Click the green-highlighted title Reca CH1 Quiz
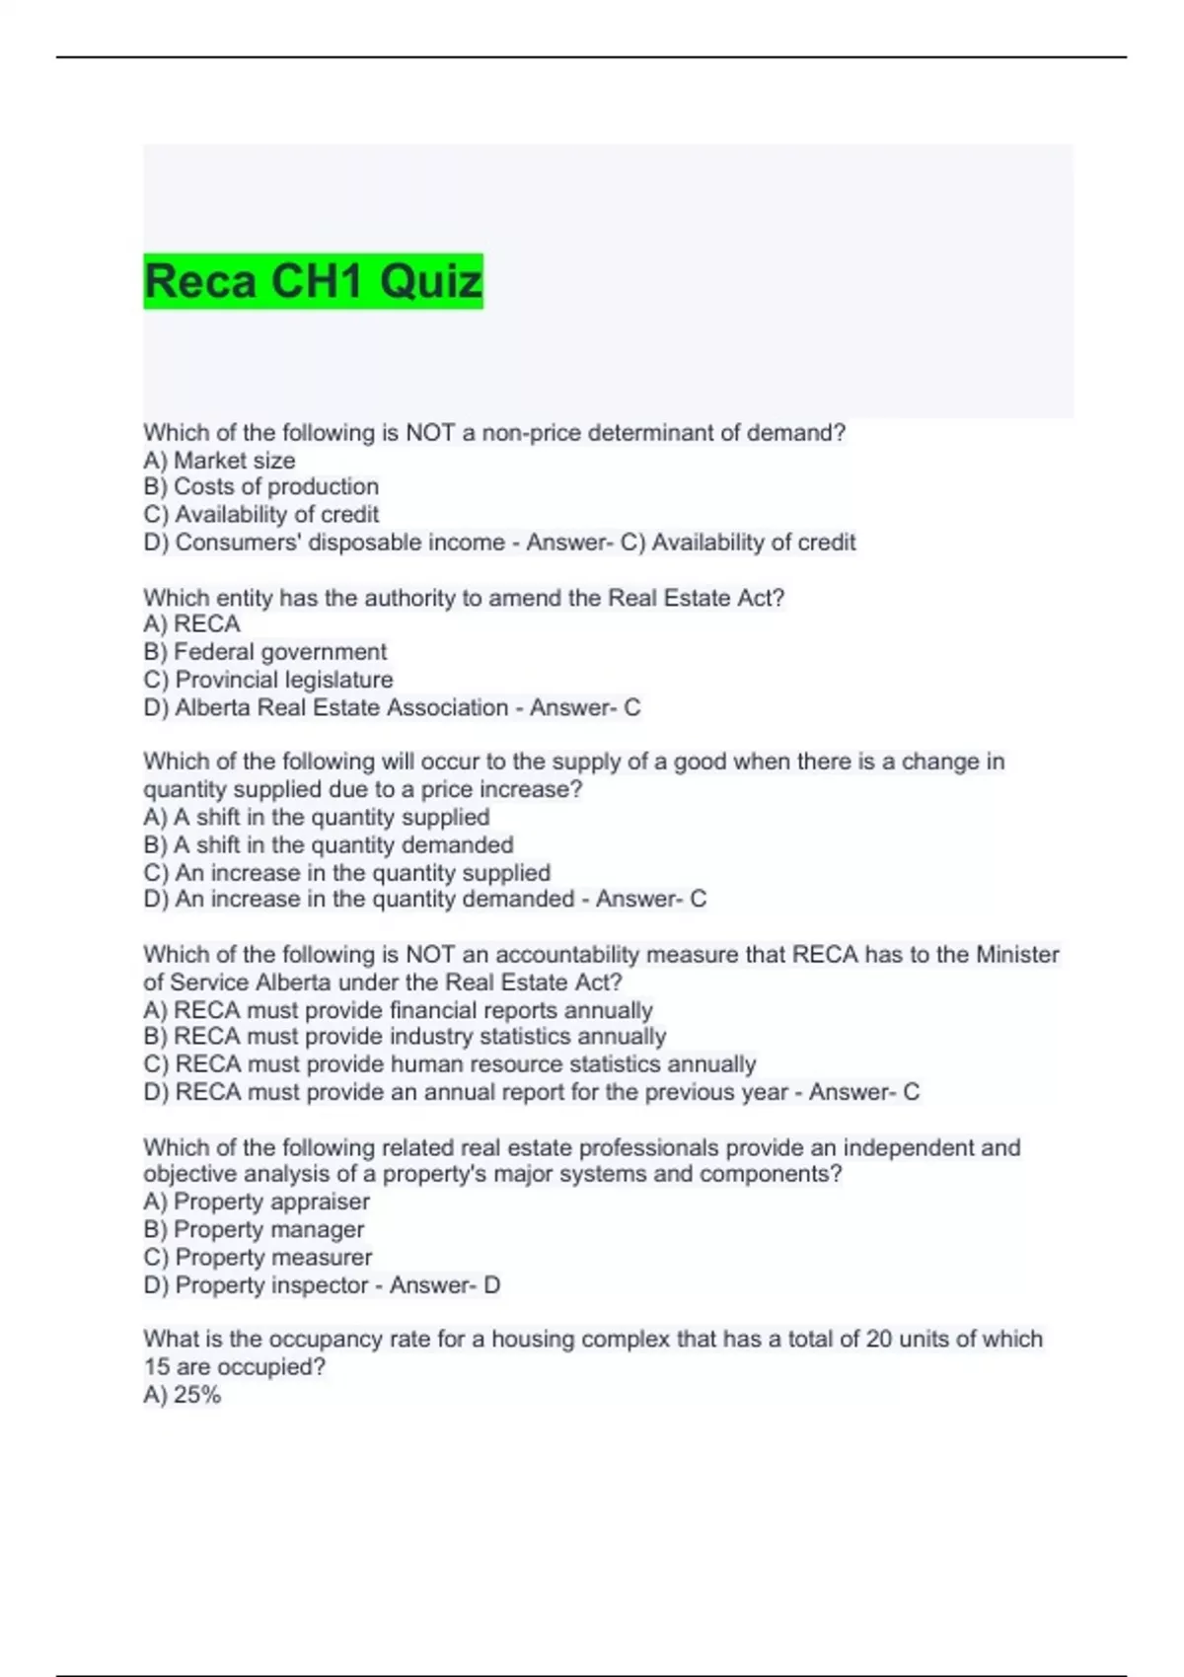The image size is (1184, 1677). tap(313, 281)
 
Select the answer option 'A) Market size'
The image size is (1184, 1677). tap(219, 460)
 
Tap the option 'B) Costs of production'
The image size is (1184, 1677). tap(260, 486)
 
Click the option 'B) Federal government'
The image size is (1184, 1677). tap(264, 652)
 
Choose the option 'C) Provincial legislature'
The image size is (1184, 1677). tap(267, 680)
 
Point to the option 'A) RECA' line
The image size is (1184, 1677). tap(191, 624)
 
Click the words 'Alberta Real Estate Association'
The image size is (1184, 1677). tap(341, 707)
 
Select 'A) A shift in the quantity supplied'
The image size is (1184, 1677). tap(316, 817)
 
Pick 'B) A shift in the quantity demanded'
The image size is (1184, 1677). tap(328, 845)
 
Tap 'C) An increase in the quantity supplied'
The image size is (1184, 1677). tap(346, 873)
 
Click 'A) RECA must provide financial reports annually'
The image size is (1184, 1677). tap(398, 1010)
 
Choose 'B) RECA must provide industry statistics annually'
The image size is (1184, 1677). tap(405, 1037)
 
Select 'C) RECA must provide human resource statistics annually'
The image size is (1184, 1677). tap(449, 1064)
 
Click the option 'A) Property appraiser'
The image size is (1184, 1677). tap(257, 1202)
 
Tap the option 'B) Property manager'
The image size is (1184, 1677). tap(254, 1229)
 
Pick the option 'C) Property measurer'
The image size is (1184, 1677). tap(258, 1258)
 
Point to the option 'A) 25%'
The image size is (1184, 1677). tap(182, 1395)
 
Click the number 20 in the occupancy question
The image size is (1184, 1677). tap(879, 1339)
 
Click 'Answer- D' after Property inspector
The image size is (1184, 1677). tap(445, 1285)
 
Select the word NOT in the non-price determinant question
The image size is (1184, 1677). tap(430, 432)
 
